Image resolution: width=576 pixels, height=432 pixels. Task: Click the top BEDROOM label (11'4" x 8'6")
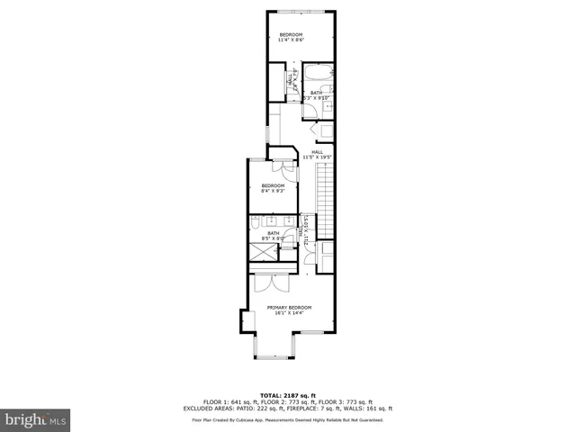(291, 35)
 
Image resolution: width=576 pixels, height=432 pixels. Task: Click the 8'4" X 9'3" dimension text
(273, 191)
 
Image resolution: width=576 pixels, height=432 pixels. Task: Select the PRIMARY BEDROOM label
(289, 307)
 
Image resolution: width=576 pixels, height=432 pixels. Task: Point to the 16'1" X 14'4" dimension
(289, 312)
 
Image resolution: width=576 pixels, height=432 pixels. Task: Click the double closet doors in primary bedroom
(269, 282)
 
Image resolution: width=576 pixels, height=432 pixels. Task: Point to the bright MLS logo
(36, 418)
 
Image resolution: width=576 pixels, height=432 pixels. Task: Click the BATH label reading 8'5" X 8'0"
(274, 236)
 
